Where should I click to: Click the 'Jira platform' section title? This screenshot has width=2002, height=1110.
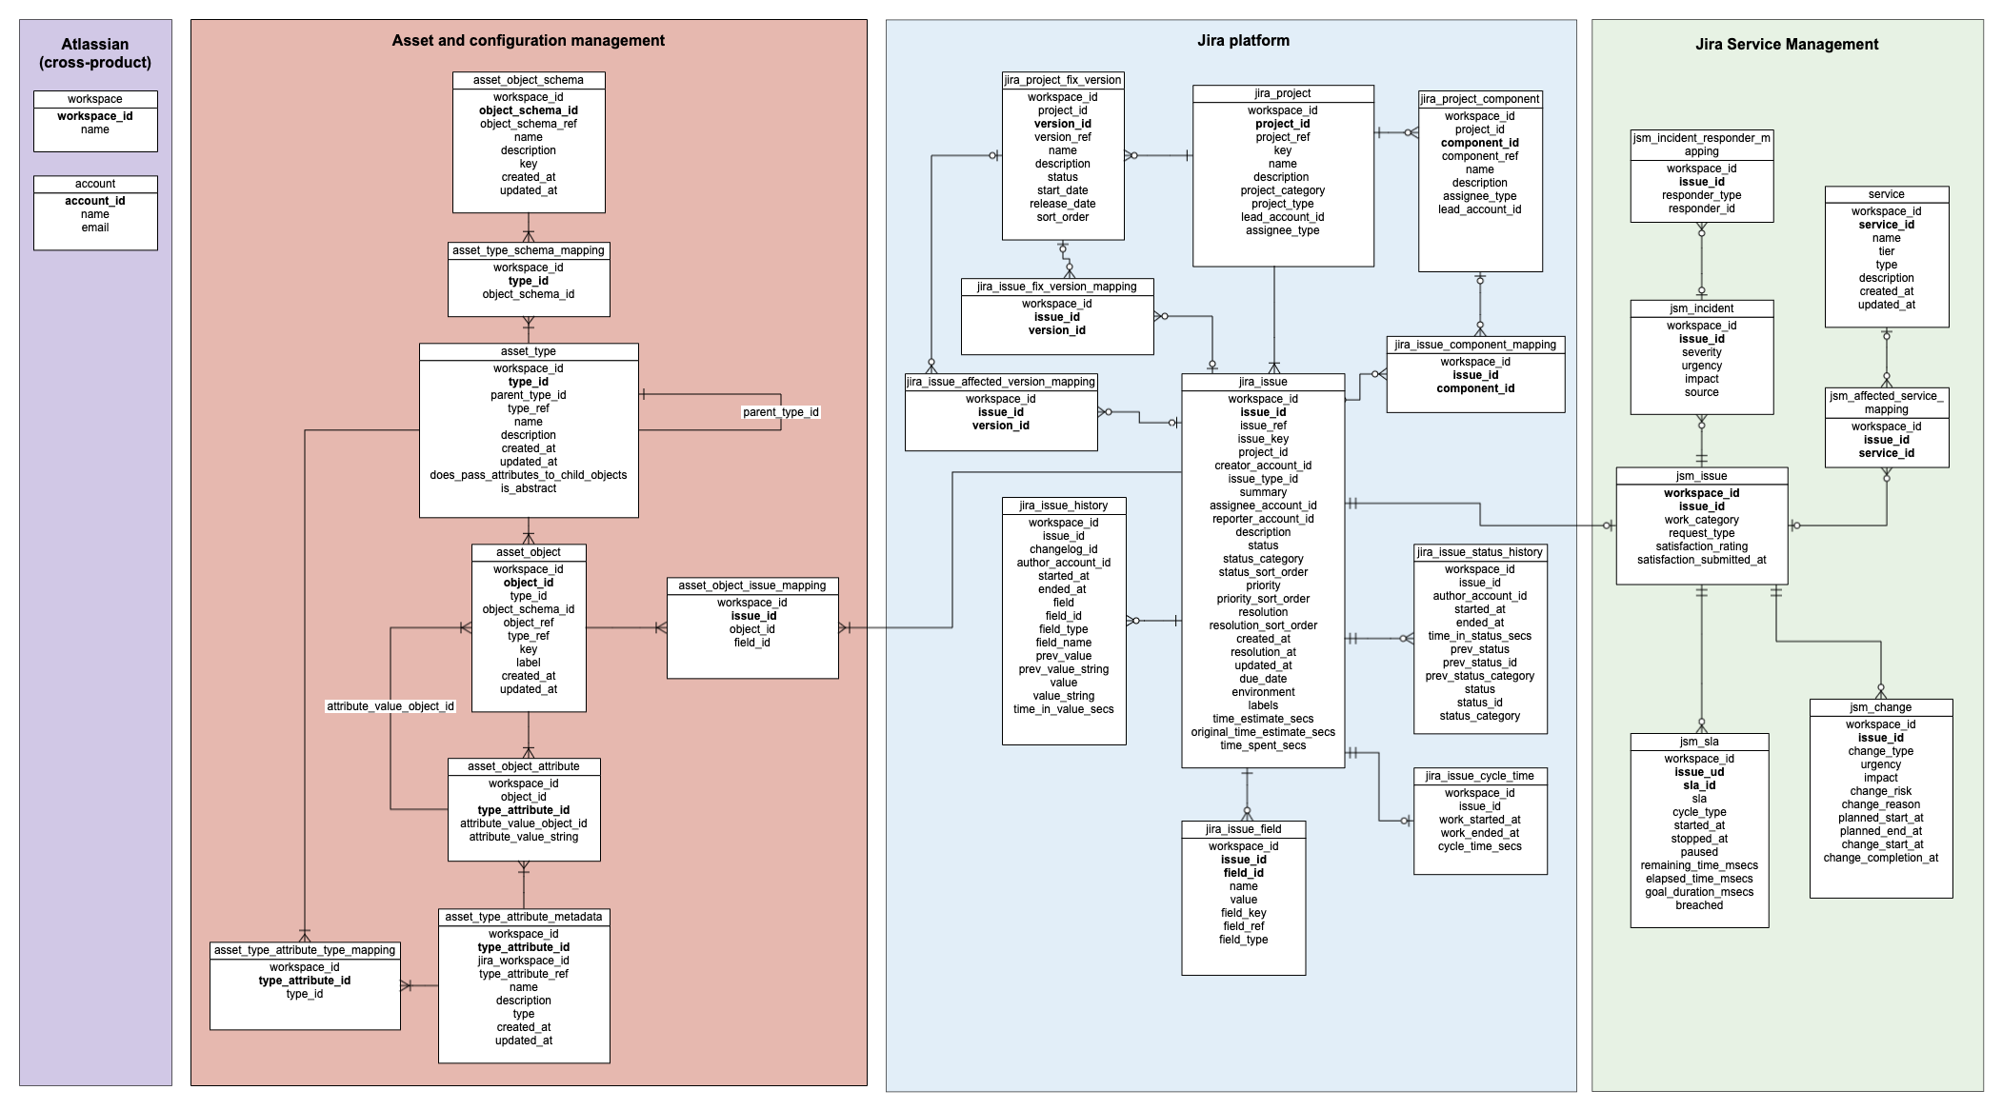pyautogui.click(x=1243, y=40)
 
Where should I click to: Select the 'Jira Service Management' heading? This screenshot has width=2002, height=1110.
pyautogui.click(x=1787, y=44)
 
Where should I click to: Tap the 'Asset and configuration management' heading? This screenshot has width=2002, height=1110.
pyautogui.click(x=529, y=40)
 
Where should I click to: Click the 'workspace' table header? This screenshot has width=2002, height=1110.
pyautogui.click(x=95, y=99)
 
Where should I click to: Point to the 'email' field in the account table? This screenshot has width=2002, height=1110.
pyautogui.click(x=95, y=228)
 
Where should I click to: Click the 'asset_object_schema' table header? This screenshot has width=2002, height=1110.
pyautogui.click(x=529, y=80)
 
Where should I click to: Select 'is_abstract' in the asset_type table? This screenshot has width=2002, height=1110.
pyautogui.click(x=529, y=488)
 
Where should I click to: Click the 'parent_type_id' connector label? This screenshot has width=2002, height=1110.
pyautogui.click(x=781, y=412)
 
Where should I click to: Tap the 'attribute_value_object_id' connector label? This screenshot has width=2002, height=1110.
pyautogui.click(x=390, y=706)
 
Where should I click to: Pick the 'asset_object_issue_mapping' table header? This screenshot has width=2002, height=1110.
pyautogui.click(x=752, y=585)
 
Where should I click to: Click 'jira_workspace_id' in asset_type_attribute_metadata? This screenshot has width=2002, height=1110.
pyautogui.click(x=524, y=961)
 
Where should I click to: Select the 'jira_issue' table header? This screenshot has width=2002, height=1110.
pyautogui.click(x=1263, y=382)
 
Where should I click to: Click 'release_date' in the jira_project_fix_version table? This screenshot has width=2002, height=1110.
pyautogui.click(x=1063, y=204)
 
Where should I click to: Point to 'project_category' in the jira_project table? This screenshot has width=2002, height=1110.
pyautogui.click(x=1283, y=190)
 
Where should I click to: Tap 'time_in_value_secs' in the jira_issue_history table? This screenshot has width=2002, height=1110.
pyautogui.click(x=1064, y=709)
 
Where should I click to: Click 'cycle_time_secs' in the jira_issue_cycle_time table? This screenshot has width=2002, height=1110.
pyautogui.click(x=1480, y=846)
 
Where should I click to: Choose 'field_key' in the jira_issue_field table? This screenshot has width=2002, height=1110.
pyautogui.click(x=1244, y=913)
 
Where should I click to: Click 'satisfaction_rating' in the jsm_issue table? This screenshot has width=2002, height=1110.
pyautogui.click(x=1702, y=546)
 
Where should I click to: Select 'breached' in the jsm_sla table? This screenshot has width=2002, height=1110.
pyautogui.click(x=1699, y=905)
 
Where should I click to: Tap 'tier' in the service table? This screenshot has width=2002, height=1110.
pyautogui.click(x=1887, y=251)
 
